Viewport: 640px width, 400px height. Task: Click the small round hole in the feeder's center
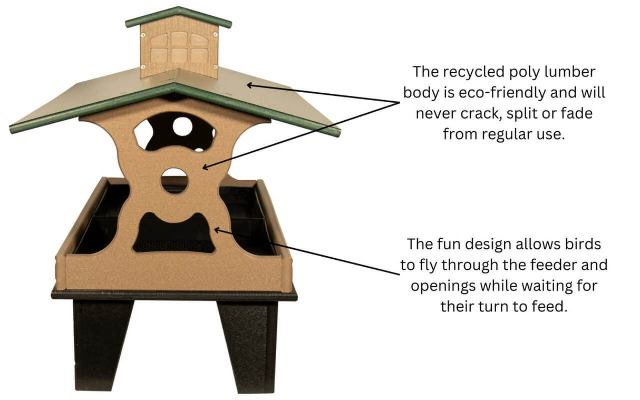click(174, 180)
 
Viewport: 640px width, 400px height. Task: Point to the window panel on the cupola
click(179, 49)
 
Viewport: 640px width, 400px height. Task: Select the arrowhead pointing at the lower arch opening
click(216, 230)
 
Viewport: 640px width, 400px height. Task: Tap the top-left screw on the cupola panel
click(143, 35)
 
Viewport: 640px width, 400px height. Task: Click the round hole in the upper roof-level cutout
click(182, 126)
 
